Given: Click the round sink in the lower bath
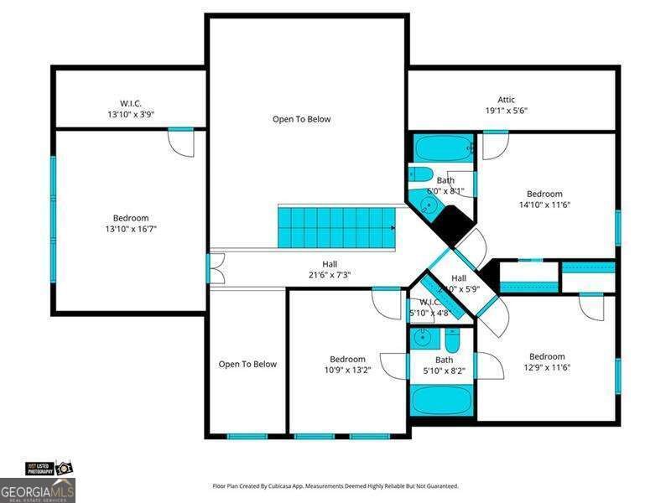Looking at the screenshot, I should coord(424,339).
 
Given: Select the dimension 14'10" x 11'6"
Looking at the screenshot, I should coord(544,205).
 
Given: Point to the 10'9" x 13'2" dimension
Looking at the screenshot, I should coord(347,370).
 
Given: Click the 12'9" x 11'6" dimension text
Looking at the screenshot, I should coord(547,367).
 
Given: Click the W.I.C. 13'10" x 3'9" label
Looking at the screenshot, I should coord(130,109).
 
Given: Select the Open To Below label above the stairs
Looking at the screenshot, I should coord(301,119).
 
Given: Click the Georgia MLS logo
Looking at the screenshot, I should coord(38,489).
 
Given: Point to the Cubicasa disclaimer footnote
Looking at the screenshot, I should coord(335,486).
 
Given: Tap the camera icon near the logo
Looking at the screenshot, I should coord(64,467).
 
